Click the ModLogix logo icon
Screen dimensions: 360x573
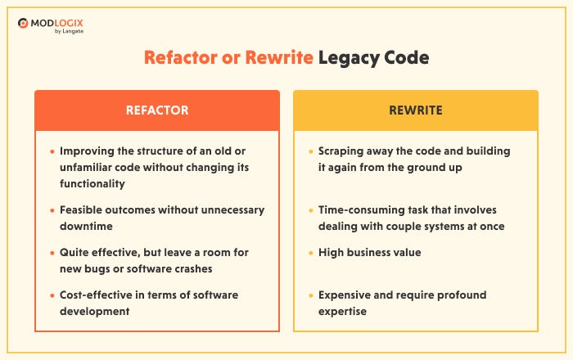coord(25,23)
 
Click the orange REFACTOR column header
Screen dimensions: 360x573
coord(157,110)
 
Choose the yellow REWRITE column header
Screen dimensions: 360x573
coord(416,110)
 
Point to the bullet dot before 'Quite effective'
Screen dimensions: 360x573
coord(52,252)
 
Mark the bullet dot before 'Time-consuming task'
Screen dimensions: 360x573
coord(310,210)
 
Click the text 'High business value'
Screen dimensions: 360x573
coord(370,252)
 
